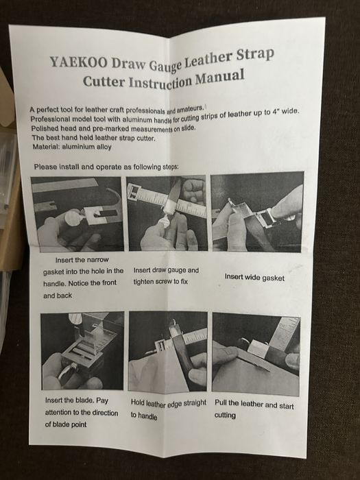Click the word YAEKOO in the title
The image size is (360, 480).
coord(78,62)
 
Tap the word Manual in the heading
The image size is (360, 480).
coord(220,77)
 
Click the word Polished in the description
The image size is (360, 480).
coord(45,129)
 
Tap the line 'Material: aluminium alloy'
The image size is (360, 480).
coord(72,147)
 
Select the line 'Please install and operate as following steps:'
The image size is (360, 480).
coord(106,167)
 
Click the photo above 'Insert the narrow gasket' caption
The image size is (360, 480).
coord(77,214)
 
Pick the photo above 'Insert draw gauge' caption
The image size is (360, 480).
coord(167,213)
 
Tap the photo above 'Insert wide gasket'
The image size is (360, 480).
coord(257,212)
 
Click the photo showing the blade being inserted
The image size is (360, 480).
coord(82,351)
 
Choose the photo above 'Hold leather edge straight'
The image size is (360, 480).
coord(168,351)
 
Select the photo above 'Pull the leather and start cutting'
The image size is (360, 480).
coord(256,355)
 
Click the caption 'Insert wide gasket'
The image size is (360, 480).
coord(254,277)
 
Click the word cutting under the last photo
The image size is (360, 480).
coord(225,416)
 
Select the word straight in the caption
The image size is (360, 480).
coord(195,403)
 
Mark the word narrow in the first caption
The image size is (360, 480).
coord(97,260)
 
